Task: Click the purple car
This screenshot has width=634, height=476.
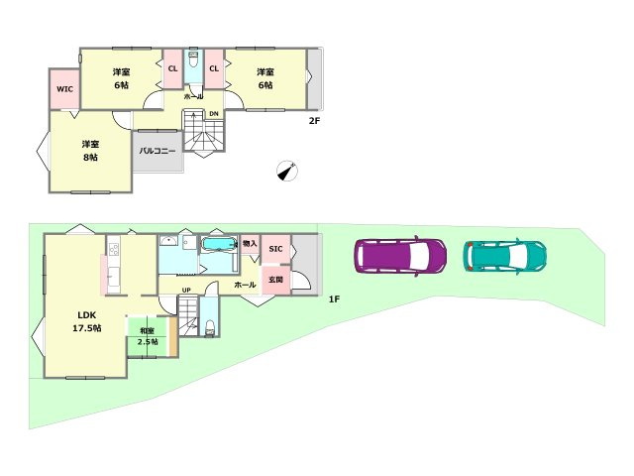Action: tap(400, 256)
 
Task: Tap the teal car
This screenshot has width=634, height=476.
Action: tap(504, 257)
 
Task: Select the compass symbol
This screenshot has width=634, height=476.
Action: tap(287, 171)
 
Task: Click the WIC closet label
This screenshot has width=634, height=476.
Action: tap(64, 88)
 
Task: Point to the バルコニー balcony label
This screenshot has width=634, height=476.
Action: tap(158, 151)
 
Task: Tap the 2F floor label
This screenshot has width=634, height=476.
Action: tap(314, 121)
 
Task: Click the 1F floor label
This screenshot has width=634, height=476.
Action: tap(334, 299)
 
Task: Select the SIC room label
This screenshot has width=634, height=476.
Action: tap(275, 249)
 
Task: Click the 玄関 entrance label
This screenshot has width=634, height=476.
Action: tap(275, 280)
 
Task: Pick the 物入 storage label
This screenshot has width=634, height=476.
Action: tap(250, 244)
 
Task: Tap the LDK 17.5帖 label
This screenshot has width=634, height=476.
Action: tap(87, 321)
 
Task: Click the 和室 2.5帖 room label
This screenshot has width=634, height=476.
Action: tap(148, 336)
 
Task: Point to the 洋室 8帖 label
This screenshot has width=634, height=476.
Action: tap(90, 151)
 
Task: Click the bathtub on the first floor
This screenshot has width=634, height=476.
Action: tap(219, 244)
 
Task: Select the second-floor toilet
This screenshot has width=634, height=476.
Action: tap(194, 60)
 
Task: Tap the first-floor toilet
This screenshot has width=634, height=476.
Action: tap(210, 328)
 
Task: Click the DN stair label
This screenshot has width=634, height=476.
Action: tap(214, 114)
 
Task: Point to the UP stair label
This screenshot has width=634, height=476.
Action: tap(186, 290)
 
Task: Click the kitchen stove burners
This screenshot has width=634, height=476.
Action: tap(114, 249)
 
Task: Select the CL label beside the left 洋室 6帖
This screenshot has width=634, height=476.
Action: tap(172, 68)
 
